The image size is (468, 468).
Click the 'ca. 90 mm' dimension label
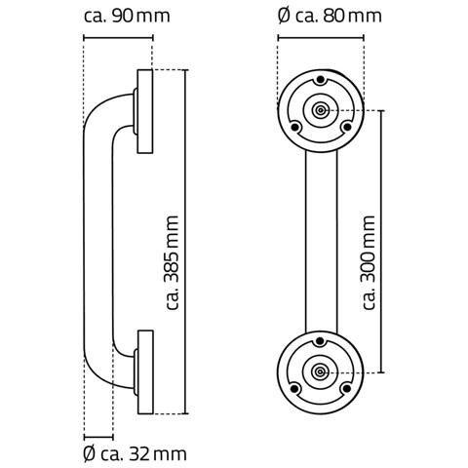(127, 17)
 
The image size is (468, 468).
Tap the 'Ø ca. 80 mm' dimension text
(330, 17)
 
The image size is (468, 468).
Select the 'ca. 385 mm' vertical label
(172, 262)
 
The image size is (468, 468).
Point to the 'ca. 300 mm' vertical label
(369, 262)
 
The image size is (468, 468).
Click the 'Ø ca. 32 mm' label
(135, 453)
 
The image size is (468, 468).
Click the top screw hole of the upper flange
(321, 79)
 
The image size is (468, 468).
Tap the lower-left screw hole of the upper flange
(295, 128)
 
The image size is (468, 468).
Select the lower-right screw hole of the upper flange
(347, 127)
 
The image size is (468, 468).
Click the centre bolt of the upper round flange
(321, 110)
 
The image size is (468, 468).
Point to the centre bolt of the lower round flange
(321, 372)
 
